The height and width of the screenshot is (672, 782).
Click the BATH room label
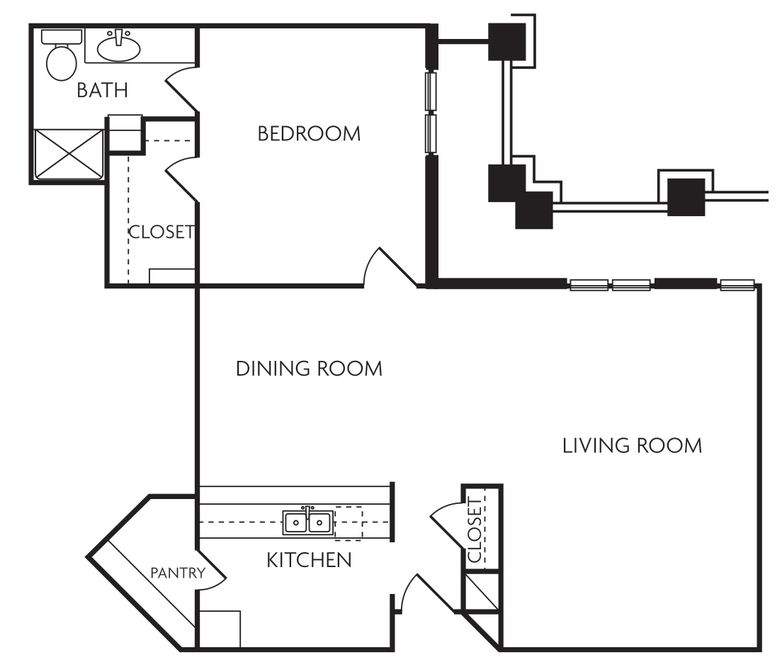coord(103,91)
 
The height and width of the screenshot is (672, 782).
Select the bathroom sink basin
coord(118,47)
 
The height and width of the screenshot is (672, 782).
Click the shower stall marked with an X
coord(68,153)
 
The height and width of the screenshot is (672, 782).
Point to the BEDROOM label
coord(309,133)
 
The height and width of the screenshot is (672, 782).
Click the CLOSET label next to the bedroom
coord(161,232)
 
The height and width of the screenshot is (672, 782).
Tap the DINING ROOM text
coord(309,369)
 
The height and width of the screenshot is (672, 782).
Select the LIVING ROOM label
coord(632,446)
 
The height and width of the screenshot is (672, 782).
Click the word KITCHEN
coord(309,560)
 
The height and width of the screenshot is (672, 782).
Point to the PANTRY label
coord(178,573)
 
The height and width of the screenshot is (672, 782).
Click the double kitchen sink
coord(308,522)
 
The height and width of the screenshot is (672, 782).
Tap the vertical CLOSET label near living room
coord(474,530)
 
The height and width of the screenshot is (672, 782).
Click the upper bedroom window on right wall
coord(430,90)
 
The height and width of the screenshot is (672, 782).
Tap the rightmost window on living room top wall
coord(737,285)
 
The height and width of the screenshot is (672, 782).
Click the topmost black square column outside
coord(507,42)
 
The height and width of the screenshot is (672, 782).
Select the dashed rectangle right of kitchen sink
coord(348,522)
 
